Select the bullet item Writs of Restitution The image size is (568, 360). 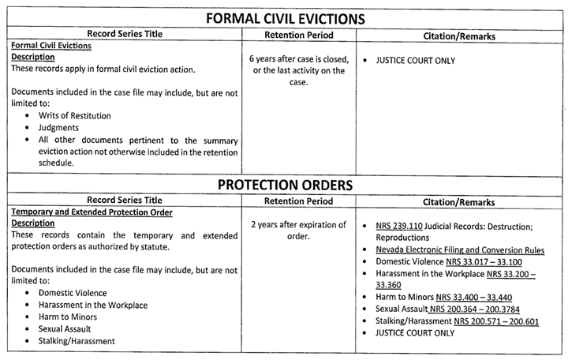click(74, 115)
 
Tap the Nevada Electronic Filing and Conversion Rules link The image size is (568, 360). click(460, 249)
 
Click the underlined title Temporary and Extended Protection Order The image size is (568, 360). click(92, 212)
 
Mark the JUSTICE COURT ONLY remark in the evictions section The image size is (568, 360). click(415, 60)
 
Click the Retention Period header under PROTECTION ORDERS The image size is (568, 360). click(298, 201)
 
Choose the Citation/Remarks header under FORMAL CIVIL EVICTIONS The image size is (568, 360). click(460, 35)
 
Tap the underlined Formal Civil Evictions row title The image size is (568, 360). click(50, 46)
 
